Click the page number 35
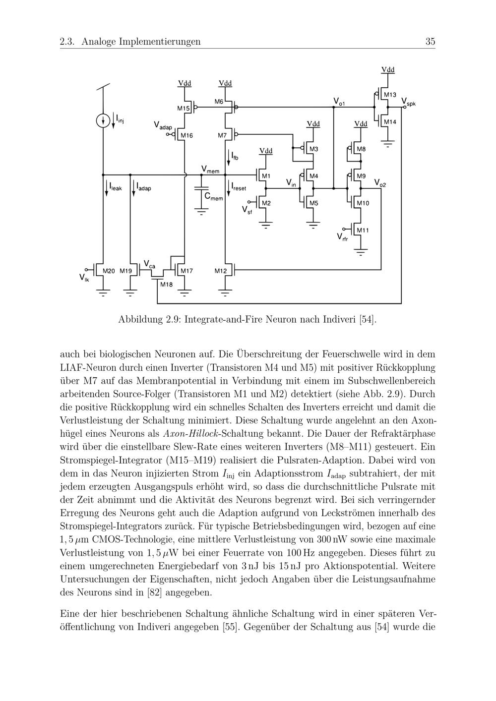pyautogui.click(x=430, y=42)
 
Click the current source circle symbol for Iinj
pyautogui.click(x=103, y=120)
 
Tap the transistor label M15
pyautogui.click(x=184, y=108)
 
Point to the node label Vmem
pyautogui.click(x=210, y=170)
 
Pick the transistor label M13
pyautogui.click(x=389, y=95)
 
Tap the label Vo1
pyautogui.click(x=339, y=102)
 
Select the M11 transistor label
pyautogui.click(x=363, y=230)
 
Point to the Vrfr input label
pyautogui.click(x=342, y=237)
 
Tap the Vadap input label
pyautogui.click(x=163, y=126)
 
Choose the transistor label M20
pyautogui.click(x=109, y=271)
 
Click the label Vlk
pyautogui.click(x=84, y=279)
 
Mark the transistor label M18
pyautogui.click(x=166, y=285)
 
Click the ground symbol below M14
pyautogui.click(x=387, y=145)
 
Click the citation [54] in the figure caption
pyautogui.click(x=368, y=320)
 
